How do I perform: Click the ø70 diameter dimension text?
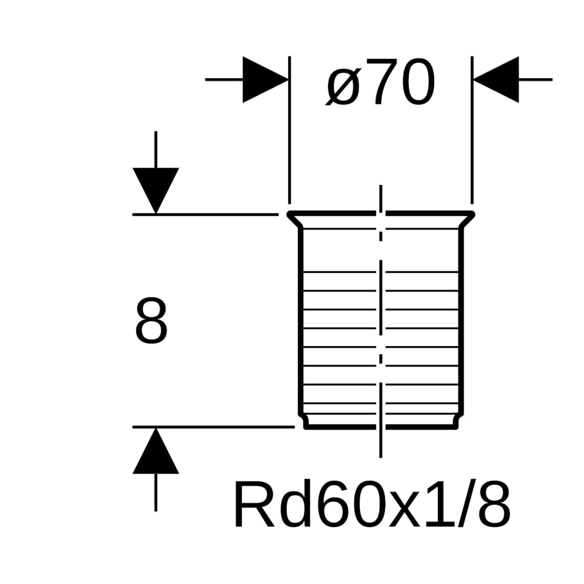381,82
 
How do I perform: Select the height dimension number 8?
151,320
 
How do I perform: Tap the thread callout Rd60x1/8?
372,504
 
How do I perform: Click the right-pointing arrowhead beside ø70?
265,79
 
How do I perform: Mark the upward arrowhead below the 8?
156,451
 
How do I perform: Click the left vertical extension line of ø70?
290,130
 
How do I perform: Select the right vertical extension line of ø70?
472,130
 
